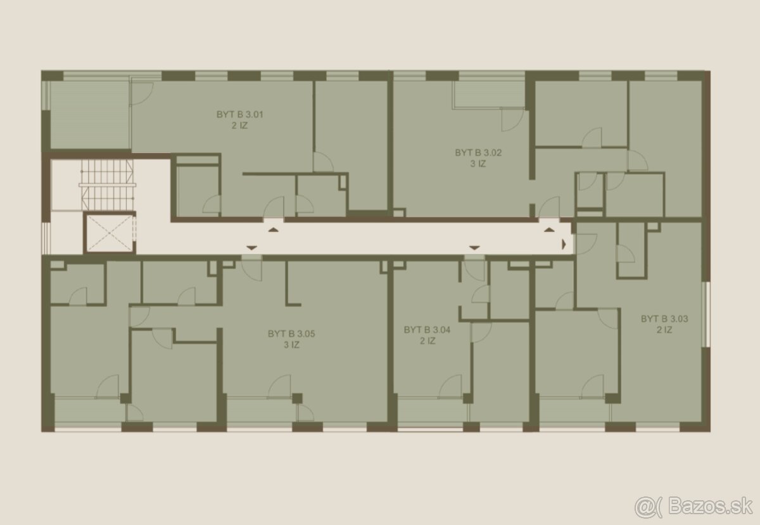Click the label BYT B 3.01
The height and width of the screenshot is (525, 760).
pyautogui.click(x=239, y=114)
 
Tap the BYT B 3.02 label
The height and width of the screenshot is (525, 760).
pyautogui.click(x=478, y=153)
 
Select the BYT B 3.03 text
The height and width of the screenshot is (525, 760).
pyautogui.click(x=664, y=319)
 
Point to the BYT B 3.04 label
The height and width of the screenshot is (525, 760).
pyautogui.click(x=427, y=330)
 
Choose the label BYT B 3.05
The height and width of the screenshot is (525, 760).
pyautogui.click(x=291, y=334)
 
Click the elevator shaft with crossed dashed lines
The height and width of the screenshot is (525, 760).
pyautogui.click(x=109, y=233)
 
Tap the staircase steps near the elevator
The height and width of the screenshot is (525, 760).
pyautogui.click(x=107, y=185)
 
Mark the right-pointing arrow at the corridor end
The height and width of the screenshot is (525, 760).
pyautogui.click(x=564, y=244)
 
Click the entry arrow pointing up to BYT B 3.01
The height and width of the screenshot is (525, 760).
pyautogui.click(x=274, y=230)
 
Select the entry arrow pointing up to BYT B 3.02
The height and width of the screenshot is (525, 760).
pyautogui.click(x=549, y=230)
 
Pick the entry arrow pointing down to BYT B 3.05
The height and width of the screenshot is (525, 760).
pyautogui.click(x=251, y=248)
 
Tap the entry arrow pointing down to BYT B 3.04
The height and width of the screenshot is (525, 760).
pyautogui.click(x=474, y=248)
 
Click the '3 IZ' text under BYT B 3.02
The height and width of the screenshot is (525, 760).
pyautogui.click(x=478, y=164)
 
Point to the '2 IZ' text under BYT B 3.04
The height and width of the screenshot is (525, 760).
pyautogui.click(x=427, y=341)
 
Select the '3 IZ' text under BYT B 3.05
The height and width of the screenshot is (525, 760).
pyautogui.click(x=291, y=345)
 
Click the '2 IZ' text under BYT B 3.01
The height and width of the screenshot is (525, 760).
pyautogui.click(x=239, y=126)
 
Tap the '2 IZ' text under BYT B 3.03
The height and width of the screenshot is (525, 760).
pyautogui.click(x=664, y=330)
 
